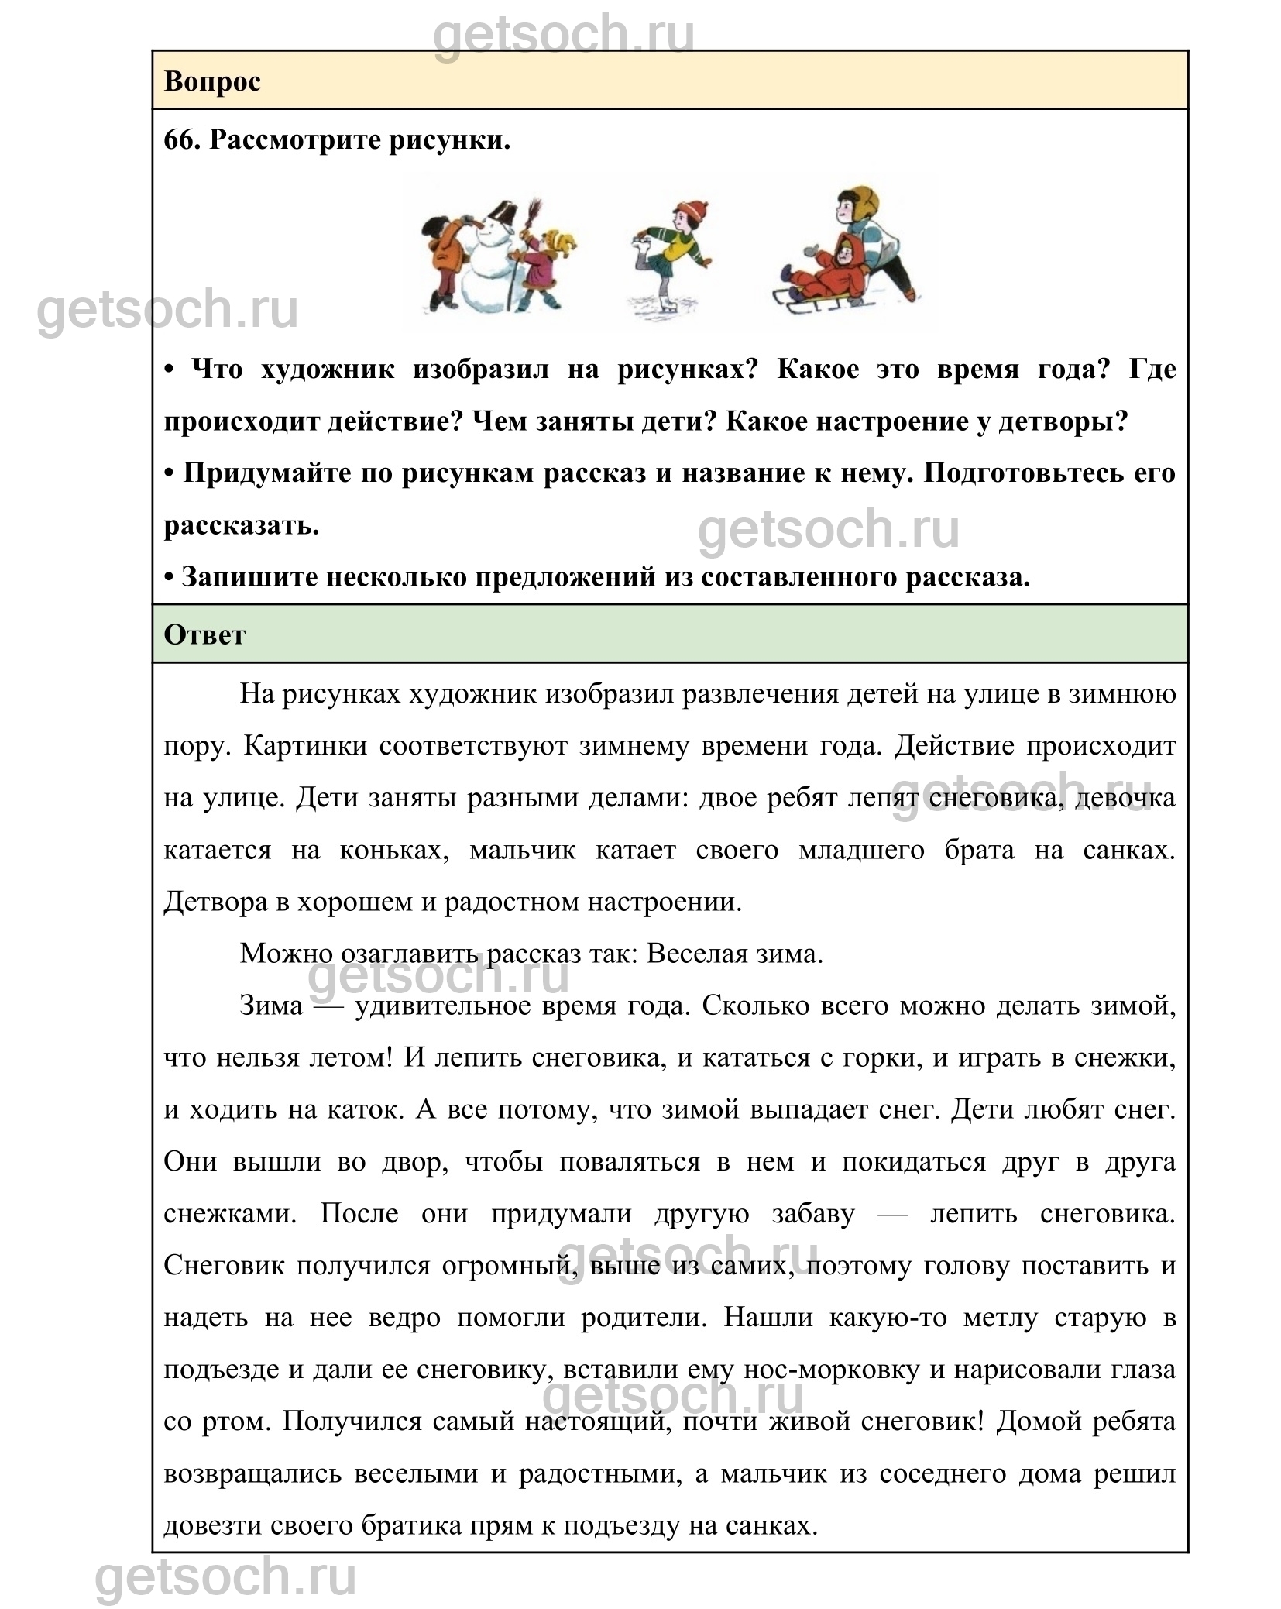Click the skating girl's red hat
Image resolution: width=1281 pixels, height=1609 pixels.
[692, 209]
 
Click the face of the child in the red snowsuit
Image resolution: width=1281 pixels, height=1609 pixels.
[846, 250]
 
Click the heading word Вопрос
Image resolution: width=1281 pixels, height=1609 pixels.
[212, 81]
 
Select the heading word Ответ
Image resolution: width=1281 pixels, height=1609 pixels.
[204, 634]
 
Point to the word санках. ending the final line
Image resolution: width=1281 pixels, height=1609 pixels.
[771, 1525]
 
